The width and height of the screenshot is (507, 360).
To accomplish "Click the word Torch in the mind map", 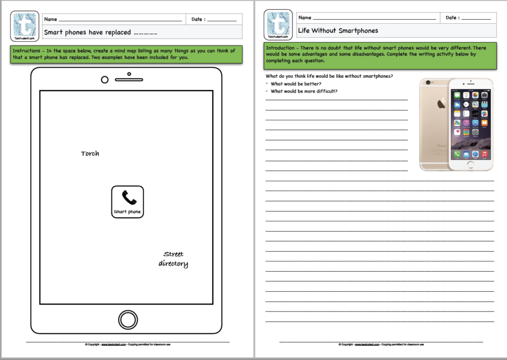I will tap(90, 154).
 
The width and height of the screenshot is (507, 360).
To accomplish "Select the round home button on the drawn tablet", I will tap(128, 320).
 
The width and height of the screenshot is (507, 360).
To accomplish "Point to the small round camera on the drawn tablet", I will tap(104, 80).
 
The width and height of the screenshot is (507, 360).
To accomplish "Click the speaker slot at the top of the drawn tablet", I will tap(129, 79).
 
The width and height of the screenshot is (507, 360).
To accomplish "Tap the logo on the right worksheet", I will tap(279, 24).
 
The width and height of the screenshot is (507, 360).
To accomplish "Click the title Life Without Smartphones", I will tap(338, 31).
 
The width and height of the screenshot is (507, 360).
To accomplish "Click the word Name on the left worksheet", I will tap(51, 19).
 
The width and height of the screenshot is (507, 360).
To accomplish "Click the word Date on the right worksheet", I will tap(451, 18).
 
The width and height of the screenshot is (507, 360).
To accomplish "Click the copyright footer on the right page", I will tap(381, 344).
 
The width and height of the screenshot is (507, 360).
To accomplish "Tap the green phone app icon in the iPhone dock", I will tap(456, 154).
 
